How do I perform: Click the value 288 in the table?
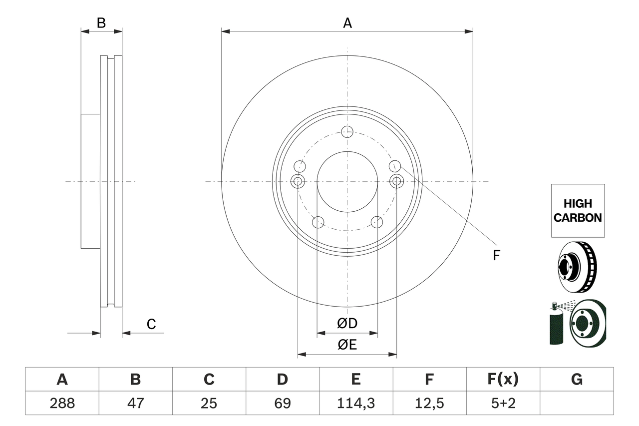pos(62,403)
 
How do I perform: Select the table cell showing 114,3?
pos(355,403)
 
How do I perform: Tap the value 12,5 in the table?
pos(429,403)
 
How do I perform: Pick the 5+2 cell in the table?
pos(503,403)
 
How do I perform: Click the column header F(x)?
pos(503,380)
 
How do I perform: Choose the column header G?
pos(577,380)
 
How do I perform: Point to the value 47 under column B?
pos(135,403)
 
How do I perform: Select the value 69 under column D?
pos(282,403)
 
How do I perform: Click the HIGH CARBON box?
pos(578,210)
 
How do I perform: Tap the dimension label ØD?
pos(347,324)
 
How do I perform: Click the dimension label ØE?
pos(347,345)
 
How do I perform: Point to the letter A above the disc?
pos(347,23)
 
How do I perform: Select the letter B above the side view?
pos(101,23)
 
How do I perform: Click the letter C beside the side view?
pos(151,324)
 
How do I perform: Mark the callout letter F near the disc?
pos(496,256)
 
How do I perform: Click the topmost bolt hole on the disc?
pos(347,131)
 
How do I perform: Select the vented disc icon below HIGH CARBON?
pos(577,267)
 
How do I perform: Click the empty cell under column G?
pos(577,403)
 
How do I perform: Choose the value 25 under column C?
pos(209,403)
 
